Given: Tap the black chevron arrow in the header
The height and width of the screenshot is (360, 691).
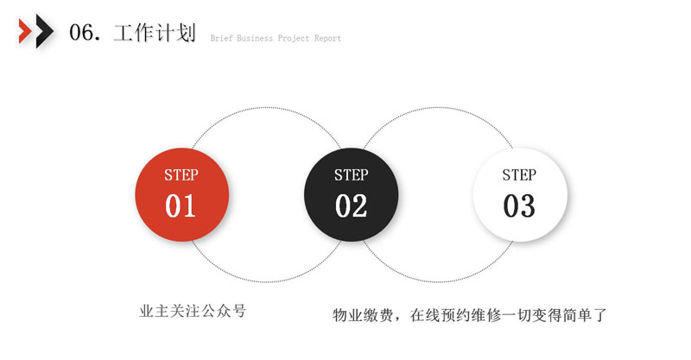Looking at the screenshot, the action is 44,31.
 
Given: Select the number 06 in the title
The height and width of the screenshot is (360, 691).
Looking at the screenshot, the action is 81,33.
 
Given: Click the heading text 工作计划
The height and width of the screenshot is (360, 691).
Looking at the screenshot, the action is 155,33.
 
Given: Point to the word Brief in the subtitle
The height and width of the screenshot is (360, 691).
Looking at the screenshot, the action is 221,38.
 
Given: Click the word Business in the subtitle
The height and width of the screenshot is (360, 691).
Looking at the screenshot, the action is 255,38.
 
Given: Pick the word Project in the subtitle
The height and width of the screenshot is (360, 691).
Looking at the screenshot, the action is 294,38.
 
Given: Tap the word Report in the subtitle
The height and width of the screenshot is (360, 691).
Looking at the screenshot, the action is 328,38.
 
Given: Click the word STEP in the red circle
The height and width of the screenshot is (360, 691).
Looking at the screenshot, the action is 181,175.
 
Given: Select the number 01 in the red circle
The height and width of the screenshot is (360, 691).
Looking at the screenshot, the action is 181,205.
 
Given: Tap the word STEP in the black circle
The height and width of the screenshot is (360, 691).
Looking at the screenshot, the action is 352,175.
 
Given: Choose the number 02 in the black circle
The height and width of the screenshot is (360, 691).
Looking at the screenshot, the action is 352,205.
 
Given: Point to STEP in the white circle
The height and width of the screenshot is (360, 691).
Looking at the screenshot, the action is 519,175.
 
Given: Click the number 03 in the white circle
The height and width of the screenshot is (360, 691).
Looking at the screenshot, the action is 519,205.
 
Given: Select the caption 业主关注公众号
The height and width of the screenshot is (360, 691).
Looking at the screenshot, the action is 193,311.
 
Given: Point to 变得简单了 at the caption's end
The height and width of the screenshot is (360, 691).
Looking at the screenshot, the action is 570,315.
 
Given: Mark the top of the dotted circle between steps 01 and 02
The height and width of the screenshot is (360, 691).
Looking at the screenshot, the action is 266,107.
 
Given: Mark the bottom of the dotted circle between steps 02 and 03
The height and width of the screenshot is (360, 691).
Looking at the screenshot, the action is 438,281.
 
